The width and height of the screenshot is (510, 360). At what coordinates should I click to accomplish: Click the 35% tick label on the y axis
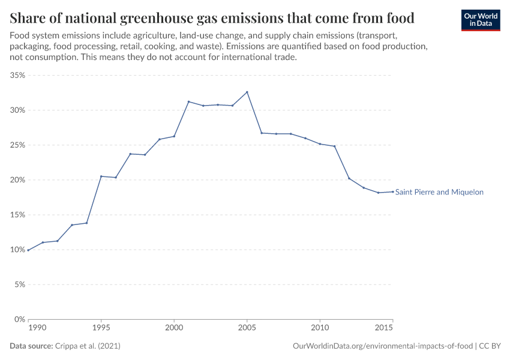click(17, 76)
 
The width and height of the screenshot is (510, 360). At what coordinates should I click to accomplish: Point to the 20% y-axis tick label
click(17, 180)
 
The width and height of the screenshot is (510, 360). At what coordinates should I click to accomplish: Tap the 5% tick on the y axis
click(19, 284)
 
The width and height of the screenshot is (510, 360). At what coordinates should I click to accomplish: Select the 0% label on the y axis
click(19, 319)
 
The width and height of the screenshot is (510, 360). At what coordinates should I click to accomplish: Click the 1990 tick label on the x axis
click(37, 329)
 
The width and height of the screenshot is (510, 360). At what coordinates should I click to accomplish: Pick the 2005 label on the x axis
click(247, 329)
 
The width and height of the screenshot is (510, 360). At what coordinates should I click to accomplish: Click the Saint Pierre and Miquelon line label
click(439, 192)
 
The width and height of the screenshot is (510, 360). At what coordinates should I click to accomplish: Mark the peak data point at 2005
click(247, 92)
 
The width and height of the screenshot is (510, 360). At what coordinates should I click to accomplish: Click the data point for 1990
click(28, 250)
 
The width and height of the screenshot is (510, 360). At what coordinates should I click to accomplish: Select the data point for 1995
click(101, 176)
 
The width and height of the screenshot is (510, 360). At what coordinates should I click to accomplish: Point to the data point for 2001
click(188, 101)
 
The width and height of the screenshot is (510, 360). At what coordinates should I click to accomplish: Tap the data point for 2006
click(262, 133)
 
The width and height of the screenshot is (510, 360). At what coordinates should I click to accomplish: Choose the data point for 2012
click(349, 178)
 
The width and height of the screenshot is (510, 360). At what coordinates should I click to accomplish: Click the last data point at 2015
click(393, 191)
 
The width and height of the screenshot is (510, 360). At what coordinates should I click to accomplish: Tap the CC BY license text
click(490, 346)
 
